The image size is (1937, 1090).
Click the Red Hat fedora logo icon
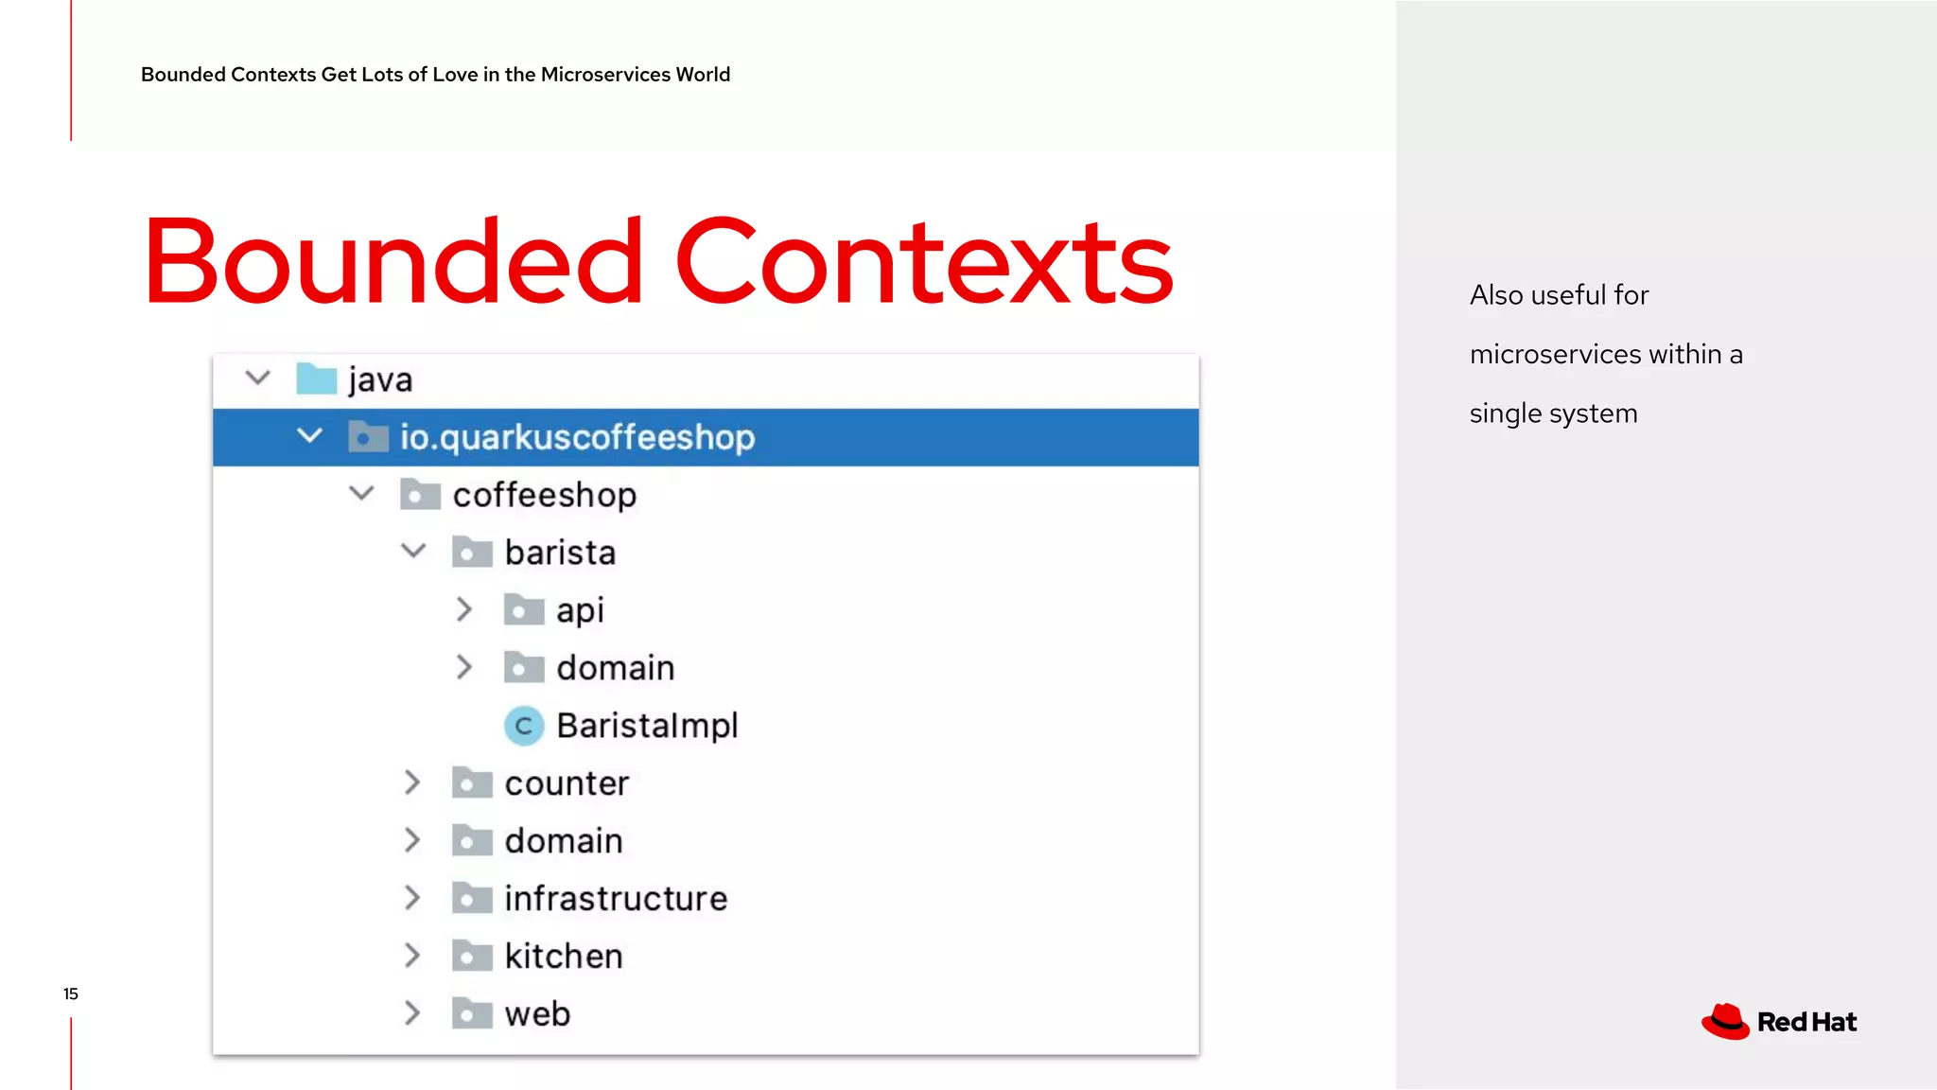point(1725,1022)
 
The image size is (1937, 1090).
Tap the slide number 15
point(71,993)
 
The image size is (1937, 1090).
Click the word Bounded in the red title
point(393,262)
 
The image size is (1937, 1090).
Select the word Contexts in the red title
point(923,262)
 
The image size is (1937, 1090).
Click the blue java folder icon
point(316,378)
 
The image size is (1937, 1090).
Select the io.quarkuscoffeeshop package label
point(577,437)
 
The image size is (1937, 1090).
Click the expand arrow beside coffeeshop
point(361,494)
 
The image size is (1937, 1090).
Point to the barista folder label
point(560,553)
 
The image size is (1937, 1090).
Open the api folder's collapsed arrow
point(463,610)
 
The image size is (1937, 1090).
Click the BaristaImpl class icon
point(523,726)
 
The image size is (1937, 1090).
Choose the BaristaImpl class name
point(647,726)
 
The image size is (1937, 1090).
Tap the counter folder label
point(567,783)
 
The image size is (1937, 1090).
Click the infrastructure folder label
point(616,899)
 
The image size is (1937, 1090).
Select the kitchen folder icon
point(472,957)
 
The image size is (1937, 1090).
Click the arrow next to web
point(412,1013)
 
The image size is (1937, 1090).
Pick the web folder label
point(537,1014)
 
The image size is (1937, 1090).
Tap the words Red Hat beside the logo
point(1806,1022)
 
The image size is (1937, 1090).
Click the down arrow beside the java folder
point(257,378)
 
